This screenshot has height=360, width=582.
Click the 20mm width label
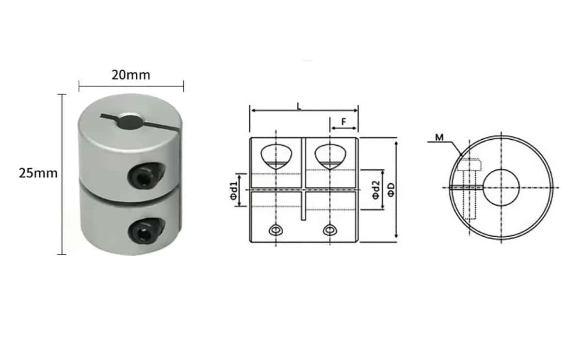tap(130, 75)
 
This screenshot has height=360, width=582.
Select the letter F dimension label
tap(343, 122)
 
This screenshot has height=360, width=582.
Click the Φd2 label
tap(375, 190)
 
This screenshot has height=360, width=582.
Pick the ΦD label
tap(391, 190)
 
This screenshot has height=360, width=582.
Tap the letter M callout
tap(439, 138)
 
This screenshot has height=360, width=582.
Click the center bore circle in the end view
tap(501, 187)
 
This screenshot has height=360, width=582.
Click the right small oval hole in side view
tap(329, 229)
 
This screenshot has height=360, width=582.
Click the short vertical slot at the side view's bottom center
tap(304, 206)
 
